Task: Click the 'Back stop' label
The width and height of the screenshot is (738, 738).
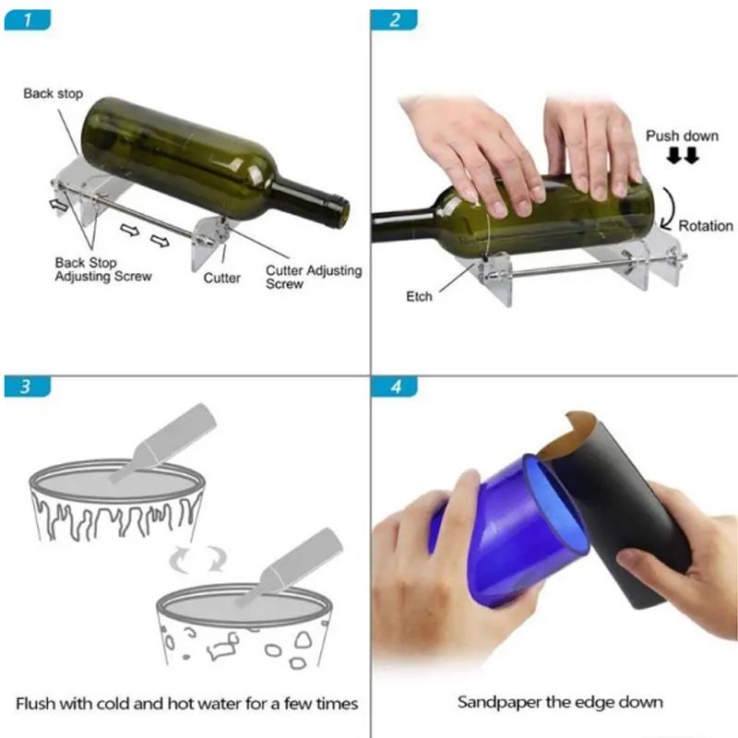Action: [x=53, y=94]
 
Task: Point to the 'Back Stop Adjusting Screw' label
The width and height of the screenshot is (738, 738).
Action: [x=101, y=269]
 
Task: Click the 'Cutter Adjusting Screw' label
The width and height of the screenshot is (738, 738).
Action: [x=314, y=277]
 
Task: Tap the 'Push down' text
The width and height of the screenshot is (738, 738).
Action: [x=682, y=136]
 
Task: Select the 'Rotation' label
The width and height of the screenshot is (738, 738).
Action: [x=706, y=225]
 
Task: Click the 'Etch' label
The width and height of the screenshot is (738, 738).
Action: [x=419, y=296]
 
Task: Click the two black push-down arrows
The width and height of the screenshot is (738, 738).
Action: [x=683, y=157]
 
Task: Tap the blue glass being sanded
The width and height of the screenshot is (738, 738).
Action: [x=503, y=535]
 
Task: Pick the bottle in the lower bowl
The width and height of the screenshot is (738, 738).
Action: [x=287, y=566]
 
